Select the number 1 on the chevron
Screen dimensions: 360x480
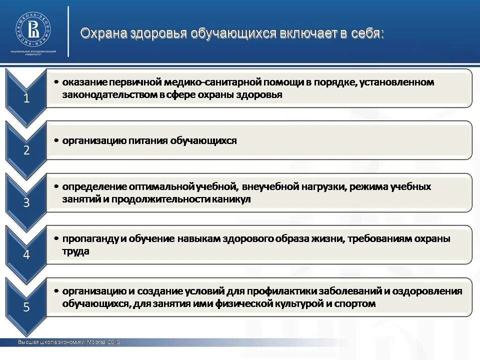tap(26, 98)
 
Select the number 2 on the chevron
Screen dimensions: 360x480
tap(26, 150)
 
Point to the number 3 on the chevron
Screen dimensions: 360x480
tap(26, 203)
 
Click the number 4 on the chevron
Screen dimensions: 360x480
tap(26, 255)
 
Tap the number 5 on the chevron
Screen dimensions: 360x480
tap(26, 307)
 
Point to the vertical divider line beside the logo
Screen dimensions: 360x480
tap(68, 31)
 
